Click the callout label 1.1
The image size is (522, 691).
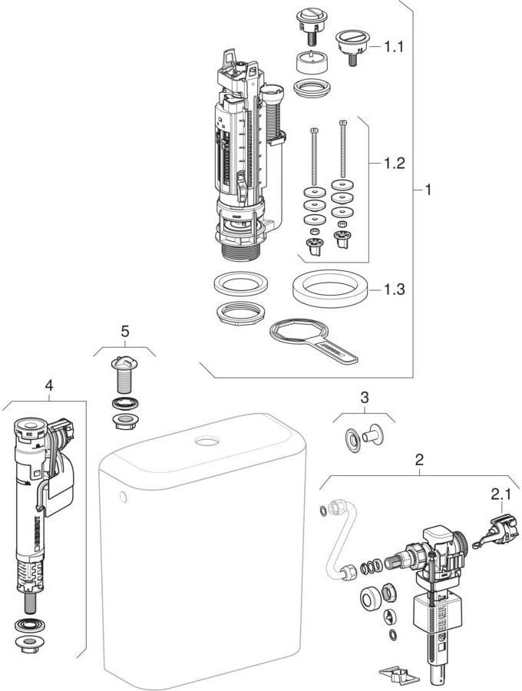[x=394, y=47]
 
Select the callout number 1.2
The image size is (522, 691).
[x=394, y=163]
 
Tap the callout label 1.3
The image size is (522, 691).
[x=394, y=289]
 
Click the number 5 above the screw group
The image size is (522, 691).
[x=125, y=332]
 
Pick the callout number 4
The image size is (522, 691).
[x=49, y=386]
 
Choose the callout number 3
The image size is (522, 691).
[x=365, y=397]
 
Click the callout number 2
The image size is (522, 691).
[x=419, y=461]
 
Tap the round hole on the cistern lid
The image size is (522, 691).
[x=207, y=441]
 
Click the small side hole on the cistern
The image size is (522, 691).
[x=123, y=498]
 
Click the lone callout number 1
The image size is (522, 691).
[x=428, y=189]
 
